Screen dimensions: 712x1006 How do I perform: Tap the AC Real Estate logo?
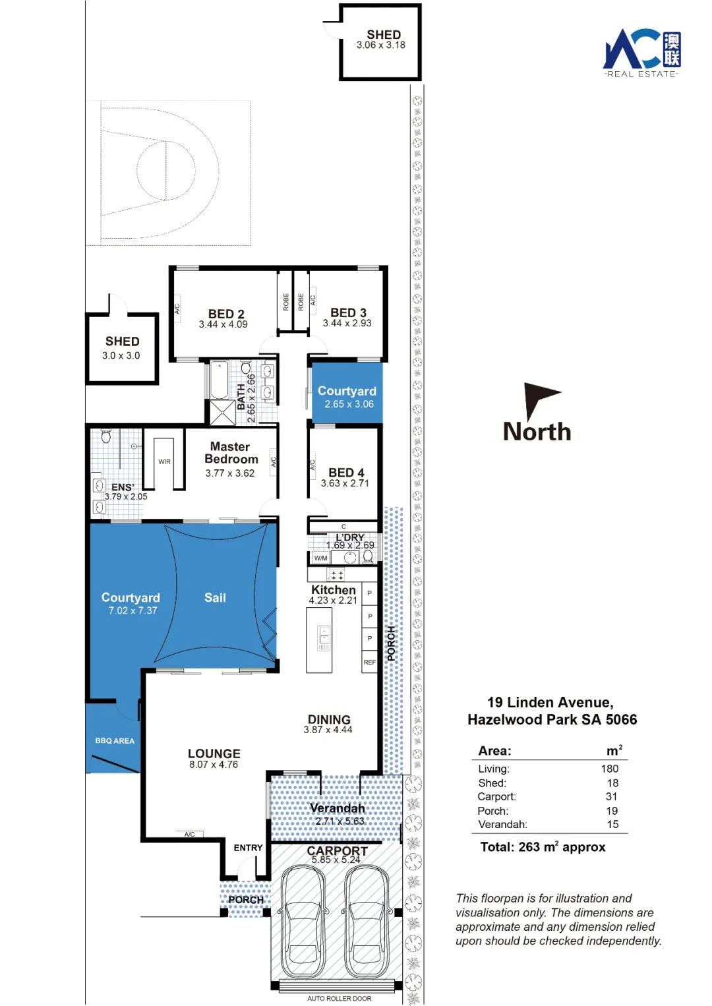(x=641, y=53)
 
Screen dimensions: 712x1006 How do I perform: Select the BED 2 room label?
(x=226, y=314)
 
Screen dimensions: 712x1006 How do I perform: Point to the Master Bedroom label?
(x=231, y=453)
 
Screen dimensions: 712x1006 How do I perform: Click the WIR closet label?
(x=164, y=461)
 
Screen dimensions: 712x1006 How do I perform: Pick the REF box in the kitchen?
(x=370, y=662)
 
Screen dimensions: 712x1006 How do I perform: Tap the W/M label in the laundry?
(x=321, y=558)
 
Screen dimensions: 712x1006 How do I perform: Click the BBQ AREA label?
(x=115, y=740)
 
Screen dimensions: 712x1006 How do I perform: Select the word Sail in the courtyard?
(x=215, y=597)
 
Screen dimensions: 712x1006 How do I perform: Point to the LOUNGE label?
(x=214, y=753)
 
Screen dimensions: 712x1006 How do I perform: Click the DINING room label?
(x=329, y=719)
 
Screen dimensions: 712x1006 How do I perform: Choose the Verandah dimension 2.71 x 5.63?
(x=340, y=821)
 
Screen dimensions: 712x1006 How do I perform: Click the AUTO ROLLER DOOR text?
(x=339, y=998)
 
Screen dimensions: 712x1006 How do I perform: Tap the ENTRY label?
(x=248, y=848)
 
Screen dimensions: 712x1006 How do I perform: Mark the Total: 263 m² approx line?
(x=543, y=846)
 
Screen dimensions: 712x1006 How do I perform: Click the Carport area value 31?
(x=611, y=796)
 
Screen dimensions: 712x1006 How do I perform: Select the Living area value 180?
(x=610, y=769)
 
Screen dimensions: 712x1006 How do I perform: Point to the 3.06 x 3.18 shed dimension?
(x=381, y=45)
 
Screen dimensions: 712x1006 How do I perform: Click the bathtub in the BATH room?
(x=220, y=380)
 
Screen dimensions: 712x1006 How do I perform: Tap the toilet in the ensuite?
(x=106, y=436)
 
